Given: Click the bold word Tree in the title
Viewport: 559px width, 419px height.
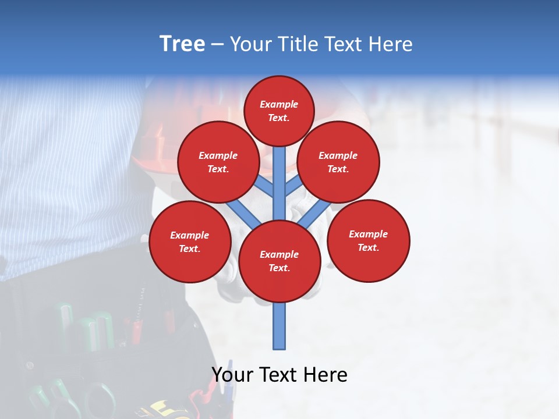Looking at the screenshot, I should click(182, 44).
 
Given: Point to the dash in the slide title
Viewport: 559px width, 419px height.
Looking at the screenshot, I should click(217, 44).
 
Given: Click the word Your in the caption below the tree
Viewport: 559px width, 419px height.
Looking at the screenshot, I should click(233, 375).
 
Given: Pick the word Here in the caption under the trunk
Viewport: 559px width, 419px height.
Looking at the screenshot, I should click(325, 375).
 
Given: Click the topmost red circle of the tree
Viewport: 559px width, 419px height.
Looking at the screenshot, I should click(279, 111).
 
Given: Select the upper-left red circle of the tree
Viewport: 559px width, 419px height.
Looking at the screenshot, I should click(218, 162).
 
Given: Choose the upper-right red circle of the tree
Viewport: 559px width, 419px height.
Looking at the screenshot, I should click(338, 162).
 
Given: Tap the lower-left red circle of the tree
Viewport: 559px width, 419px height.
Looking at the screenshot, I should click(190, 242).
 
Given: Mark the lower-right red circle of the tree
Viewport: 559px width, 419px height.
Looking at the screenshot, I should click(369, 241).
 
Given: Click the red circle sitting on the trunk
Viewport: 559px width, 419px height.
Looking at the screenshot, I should click(279, 261).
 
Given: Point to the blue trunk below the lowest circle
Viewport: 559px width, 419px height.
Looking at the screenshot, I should click(279, 326).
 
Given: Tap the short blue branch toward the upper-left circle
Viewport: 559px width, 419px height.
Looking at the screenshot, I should click(265, 186).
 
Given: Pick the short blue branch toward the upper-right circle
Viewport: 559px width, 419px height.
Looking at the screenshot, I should click(293, 186).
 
